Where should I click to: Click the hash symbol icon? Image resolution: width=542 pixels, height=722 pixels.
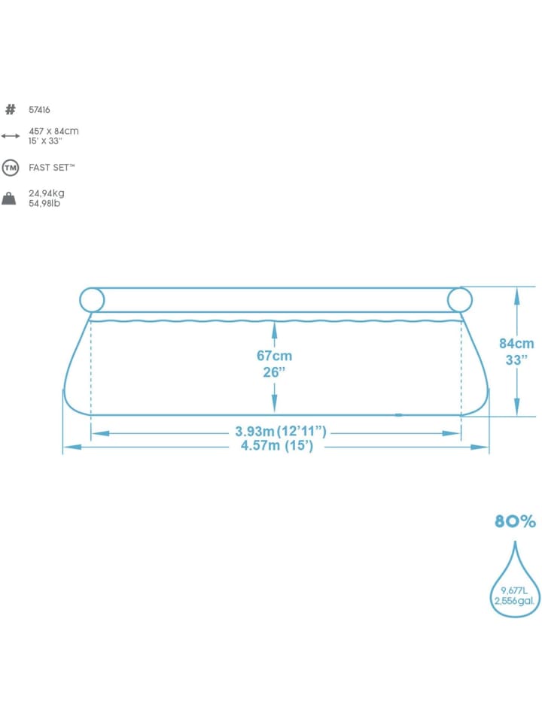[10, 110]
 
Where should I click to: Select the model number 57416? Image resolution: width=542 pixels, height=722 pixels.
[39, 110]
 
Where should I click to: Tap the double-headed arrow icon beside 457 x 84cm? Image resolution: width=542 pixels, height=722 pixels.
[10, 136]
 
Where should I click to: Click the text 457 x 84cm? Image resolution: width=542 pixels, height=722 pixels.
[53, 131]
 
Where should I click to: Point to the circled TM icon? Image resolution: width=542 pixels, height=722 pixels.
[10, 168]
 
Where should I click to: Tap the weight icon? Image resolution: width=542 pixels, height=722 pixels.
[9, 199]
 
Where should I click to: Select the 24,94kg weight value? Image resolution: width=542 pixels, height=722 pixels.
[47, 193]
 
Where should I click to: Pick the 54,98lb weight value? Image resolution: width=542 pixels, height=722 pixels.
[44, 204]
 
